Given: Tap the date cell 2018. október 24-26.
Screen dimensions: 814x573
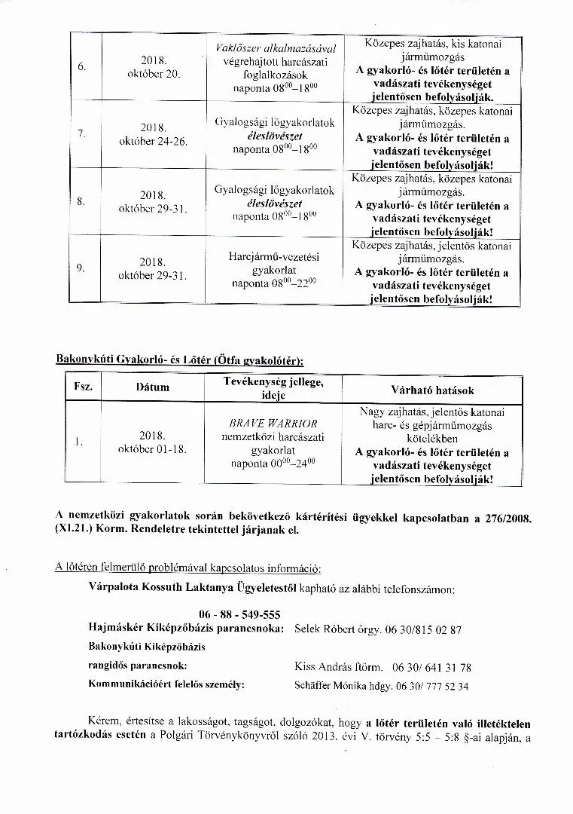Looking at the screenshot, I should [x=153, y=134].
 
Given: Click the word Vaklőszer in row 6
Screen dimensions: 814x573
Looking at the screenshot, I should [x=231, y=48].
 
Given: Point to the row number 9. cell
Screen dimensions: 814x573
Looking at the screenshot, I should [x=81, y=268].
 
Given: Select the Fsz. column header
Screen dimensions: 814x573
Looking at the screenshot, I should [x=83, y=387].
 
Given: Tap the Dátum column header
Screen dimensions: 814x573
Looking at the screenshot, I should [x=152, y=387].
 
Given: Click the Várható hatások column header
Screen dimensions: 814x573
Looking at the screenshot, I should [x=432, y=390].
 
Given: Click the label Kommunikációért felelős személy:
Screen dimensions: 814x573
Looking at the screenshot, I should [x=166, y=685].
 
